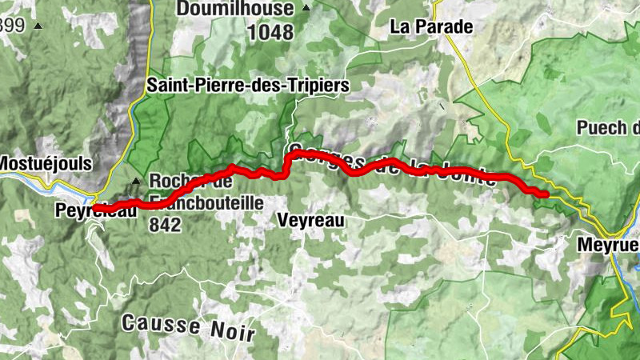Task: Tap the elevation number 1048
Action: click(271, 33)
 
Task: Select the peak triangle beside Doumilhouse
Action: click(306, 9)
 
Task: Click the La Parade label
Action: click(431, 26)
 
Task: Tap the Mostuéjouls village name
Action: click(46, 163)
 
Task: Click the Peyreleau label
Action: click(92, 210)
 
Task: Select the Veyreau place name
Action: click(312, 220)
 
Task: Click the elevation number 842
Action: click(165, 226)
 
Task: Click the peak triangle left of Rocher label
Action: click(136, 181)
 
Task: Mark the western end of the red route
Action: click(94, 209)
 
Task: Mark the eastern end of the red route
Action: click(545, 194)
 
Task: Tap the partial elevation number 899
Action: click(12, 26)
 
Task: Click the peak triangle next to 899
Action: click(37, 26)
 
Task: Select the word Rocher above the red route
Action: click(173, 181)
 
